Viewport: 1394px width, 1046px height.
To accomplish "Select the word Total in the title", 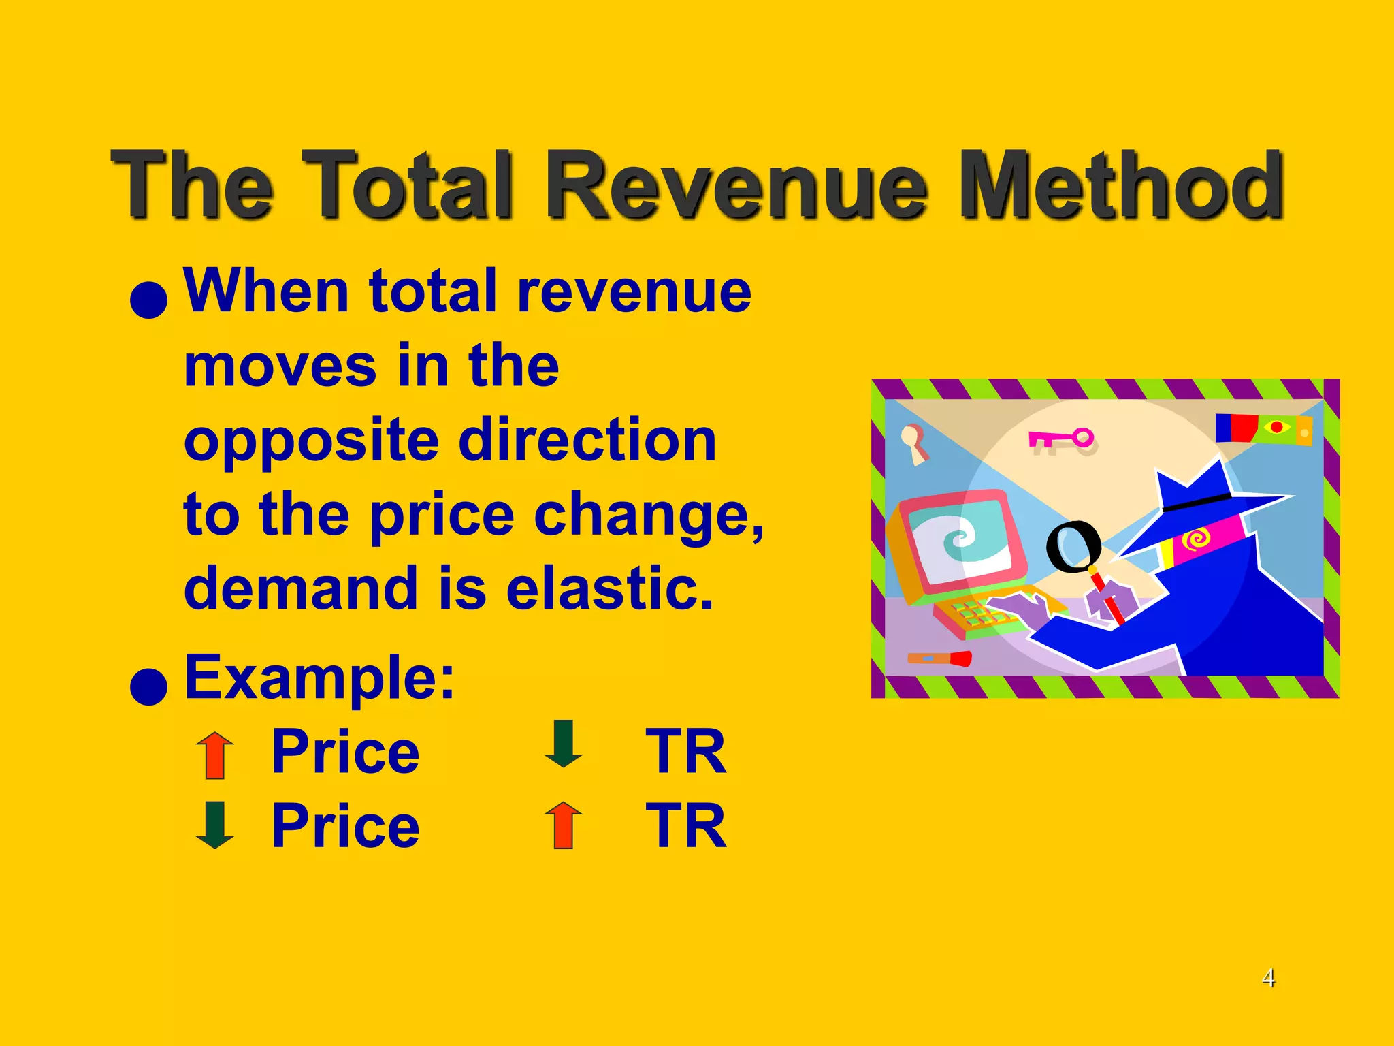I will (406, 185).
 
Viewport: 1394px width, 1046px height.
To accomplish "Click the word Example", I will (319, 678).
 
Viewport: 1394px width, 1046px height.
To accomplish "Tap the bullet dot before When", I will (148, 300).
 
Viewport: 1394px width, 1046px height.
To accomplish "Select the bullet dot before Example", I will (148, 686).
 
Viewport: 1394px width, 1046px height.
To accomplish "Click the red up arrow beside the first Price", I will (215, 755).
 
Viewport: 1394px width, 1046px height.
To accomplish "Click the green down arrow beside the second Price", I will (215, 825).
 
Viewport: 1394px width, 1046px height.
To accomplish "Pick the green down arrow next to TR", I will (564, 744).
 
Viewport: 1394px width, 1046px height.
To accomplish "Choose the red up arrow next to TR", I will (564, 825).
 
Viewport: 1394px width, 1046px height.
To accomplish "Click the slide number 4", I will (1268, 978).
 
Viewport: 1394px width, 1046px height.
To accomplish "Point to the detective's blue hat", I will (1198, 487).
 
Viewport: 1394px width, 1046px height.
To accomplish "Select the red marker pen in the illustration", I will (939, 659).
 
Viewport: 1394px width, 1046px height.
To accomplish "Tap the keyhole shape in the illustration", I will (913, 441).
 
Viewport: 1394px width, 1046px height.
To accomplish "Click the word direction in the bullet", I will (587, 441).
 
